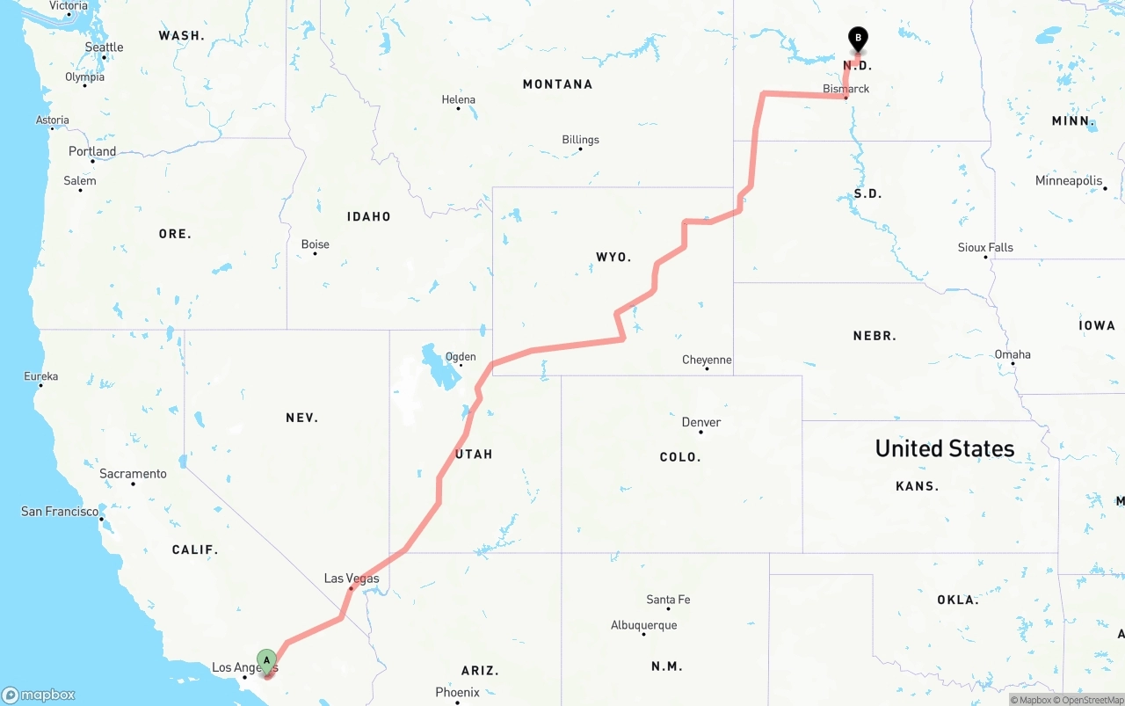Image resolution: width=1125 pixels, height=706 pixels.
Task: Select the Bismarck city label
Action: point(846,89)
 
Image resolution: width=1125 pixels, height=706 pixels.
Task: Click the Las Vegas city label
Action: point(352,578)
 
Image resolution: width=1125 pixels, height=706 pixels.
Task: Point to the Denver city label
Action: point(701,422)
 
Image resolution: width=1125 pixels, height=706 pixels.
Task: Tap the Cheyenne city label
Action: point(707,360)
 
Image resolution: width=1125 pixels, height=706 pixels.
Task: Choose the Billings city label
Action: point(580,140)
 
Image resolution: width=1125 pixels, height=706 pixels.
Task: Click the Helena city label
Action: point(458,99)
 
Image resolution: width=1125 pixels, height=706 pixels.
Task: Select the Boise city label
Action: point(315,244)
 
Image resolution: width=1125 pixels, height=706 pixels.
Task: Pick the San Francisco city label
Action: point(60,511)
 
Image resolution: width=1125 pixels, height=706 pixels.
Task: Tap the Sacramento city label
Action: point(133,474)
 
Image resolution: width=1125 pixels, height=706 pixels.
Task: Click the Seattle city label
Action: point(104,47)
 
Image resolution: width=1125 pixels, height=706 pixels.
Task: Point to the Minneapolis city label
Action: point(1069,180)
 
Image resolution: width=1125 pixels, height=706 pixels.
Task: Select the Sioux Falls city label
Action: point(985,248)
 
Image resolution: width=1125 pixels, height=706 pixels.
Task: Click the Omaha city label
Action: point(1012,354)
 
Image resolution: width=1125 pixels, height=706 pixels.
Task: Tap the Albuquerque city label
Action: point(643,625)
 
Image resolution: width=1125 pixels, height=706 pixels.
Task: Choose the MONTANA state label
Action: point(557,84)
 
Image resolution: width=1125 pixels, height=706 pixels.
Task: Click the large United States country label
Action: point(945,448)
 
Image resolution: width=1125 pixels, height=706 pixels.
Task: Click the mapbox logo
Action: point(39,695)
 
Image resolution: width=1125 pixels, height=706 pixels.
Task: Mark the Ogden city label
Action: point(461,356)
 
